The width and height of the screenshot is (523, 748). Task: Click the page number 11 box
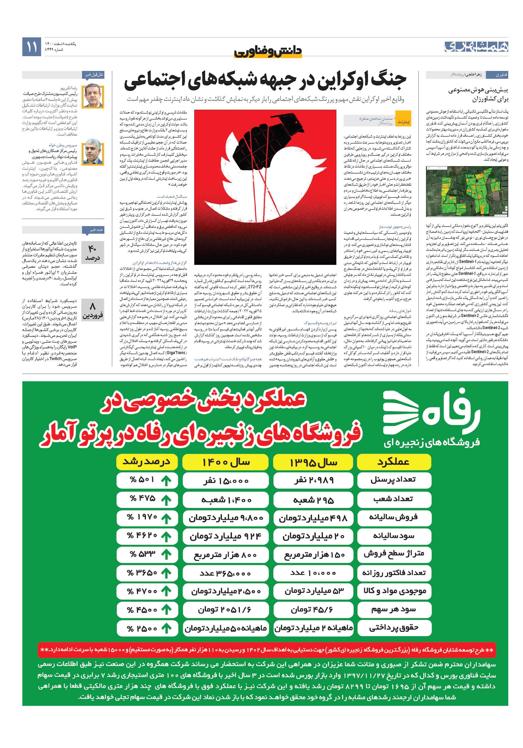(32, 47)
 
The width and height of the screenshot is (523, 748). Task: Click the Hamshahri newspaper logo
(476, 47)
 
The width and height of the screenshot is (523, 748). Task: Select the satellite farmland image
(466, 191)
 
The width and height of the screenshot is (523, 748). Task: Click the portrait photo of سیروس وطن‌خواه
(93, 152)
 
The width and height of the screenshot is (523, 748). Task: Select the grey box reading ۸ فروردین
(92, 311)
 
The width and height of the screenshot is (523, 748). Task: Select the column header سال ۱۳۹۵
(313, 462)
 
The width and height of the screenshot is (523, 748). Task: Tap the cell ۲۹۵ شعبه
(313, 500)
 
